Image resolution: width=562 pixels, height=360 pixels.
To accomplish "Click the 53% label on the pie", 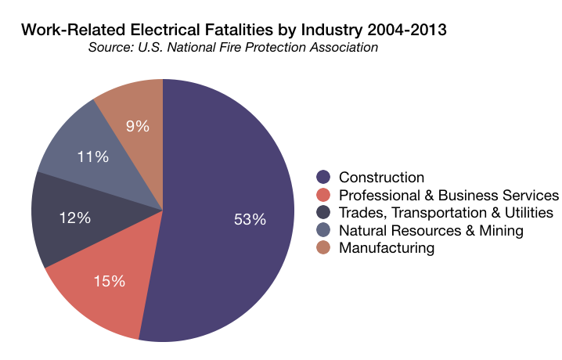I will [x=250, y=220].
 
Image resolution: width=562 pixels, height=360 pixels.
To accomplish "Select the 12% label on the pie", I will [x=75, y=218].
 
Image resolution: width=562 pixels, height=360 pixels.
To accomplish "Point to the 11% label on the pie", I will [x=92, y=157].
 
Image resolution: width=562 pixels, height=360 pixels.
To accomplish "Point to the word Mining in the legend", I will [x=502, y=231].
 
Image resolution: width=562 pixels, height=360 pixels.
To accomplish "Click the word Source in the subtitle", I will [x=110, y=48].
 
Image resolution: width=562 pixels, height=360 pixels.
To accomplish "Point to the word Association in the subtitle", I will [x=341, y=48].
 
